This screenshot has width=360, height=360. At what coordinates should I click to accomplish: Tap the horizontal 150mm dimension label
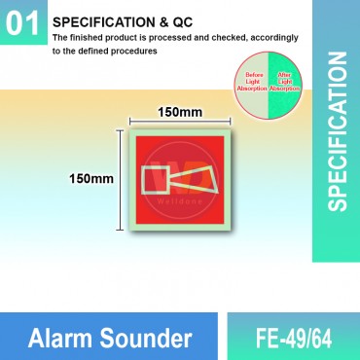(x=180, y=112)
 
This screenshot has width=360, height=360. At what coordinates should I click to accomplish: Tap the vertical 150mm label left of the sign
(x=90, y=179)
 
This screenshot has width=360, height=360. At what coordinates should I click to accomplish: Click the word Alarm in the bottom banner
(x=78, y=340)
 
